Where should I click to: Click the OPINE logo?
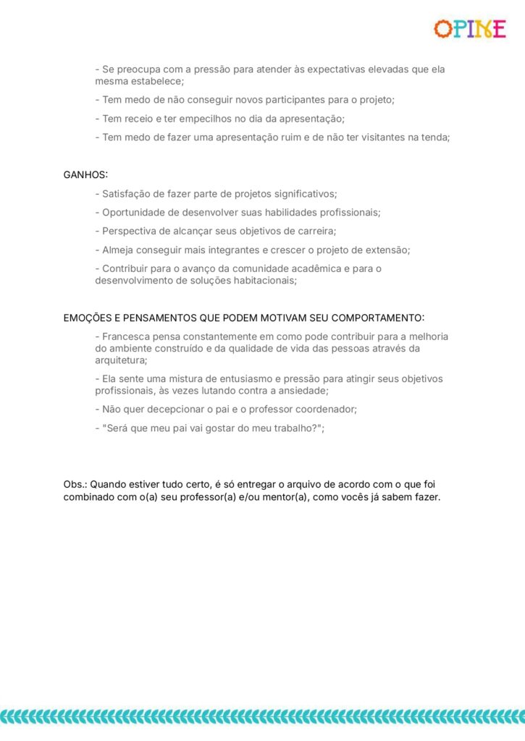pos(469,29)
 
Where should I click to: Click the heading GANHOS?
pos(85,175)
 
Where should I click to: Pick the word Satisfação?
pos(128,194)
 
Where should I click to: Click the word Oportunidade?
pos(134,213)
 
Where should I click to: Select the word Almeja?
pos(118,250)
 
